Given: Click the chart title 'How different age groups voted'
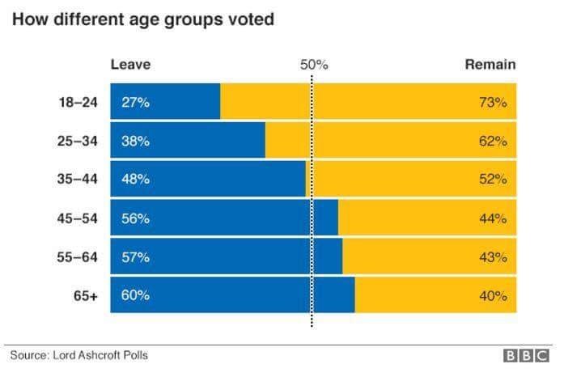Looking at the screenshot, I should click(x=143, y=19).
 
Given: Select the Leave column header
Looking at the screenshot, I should click(x=130, y=65).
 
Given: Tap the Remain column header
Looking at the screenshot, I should click(x=490, y=65).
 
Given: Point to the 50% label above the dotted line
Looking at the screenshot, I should click(x=314, y=65).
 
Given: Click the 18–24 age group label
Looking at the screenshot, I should click(x=78, y=103).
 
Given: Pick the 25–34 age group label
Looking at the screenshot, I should click(x=78, y=141).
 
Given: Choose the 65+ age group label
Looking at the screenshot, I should click(x=85, y=295).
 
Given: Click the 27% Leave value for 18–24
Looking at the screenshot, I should click(x=135, y=103).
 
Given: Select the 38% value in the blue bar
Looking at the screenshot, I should click(x=135, y=141).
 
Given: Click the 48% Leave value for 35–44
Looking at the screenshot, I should click(x=135, y=180).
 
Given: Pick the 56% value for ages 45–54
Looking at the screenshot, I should click(x=135, y=218).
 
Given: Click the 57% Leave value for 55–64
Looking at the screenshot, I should click(x=135, y=257).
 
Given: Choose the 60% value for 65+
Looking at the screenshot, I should click(x=135, y=295).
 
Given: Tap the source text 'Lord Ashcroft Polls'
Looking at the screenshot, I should click(x=101, y=355).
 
